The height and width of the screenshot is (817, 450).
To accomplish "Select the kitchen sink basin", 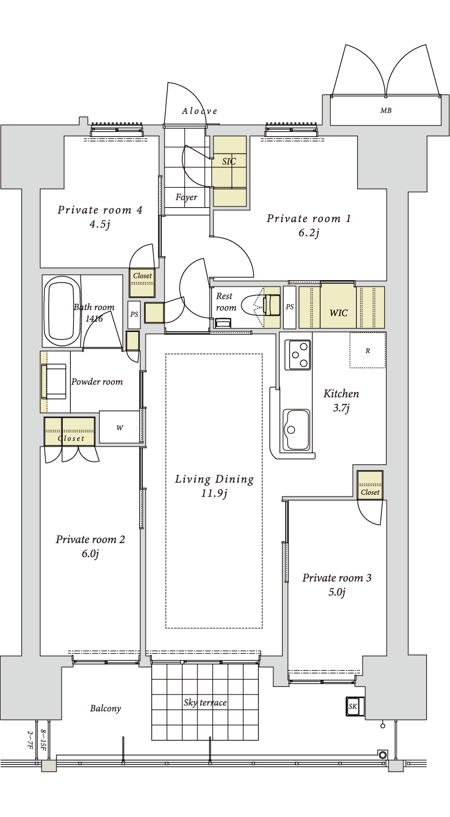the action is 296,430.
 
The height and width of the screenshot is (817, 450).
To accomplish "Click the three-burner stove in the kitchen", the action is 298,354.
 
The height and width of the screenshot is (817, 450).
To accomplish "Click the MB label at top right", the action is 386,110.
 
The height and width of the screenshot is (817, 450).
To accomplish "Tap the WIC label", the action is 338,312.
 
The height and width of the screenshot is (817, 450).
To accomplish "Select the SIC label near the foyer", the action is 229,161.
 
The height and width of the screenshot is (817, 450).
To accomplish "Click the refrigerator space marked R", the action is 368,350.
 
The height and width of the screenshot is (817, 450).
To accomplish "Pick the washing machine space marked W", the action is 120,427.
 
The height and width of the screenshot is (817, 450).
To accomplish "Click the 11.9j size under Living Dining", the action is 214,494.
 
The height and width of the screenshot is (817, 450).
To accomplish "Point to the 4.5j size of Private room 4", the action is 100,224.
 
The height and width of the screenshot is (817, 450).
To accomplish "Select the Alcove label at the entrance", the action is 200,111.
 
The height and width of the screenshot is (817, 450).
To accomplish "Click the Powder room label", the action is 97,382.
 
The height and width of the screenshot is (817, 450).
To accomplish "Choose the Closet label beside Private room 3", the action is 370,493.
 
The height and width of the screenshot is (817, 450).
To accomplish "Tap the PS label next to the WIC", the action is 289,307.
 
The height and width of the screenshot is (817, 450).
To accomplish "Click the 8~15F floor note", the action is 43,740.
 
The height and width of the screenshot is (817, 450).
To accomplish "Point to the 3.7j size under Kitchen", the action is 341,408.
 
